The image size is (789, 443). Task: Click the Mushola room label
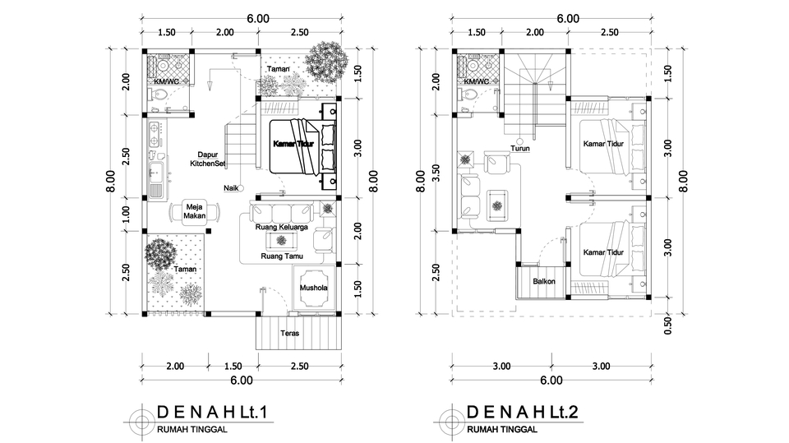(x=313, y=289)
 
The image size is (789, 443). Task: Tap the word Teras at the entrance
(x=289, y=334)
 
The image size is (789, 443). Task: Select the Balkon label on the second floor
(x=543, y=282)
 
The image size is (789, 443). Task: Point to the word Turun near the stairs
(x=519, y=149)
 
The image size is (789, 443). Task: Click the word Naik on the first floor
(x=231, y=188)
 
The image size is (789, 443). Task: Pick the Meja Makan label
(x=194, y=211)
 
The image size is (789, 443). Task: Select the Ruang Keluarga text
(x=282, y=228)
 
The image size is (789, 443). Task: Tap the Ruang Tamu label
(x=282, y=256)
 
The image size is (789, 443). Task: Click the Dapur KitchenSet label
(x=207, y=159)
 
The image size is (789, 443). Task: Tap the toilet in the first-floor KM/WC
(x=161, y=97)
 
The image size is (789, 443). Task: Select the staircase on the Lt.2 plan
(x=534, y=95)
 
